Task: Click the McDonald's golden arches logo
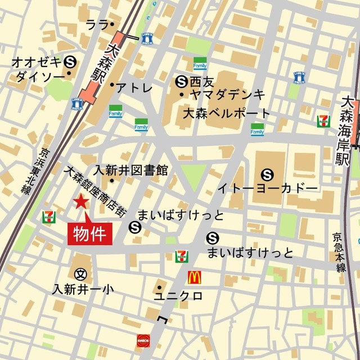194,277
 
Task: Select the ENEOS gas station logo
143,340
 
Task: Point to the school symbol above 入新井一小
81,274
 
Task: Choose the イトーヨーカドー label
268,187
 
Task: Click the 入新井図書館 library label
130,170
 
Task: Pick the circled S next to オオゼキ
70,61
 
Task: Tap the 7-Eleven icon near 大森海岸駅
323,120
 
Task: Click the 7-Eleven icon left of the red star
49,217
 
